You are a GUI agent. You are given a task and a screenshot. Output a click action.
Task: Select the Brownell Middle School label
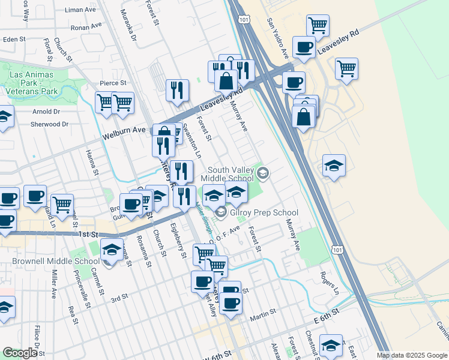click(55, 262)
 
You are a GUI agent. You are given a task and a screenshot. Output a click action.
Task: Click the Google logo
click(20, 353)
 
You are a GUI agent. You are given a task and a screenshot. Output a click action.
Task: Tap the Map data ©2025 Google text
click(411, 355)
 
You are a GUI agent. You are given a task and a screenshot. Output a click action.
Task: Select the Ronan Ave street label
click(83, 28)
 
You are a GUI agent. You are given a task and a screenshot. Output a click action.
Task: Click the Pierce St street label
click(113, 83)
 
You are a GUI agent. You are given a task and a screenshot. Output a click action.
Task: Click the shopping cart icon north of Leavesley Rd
click(318, 25)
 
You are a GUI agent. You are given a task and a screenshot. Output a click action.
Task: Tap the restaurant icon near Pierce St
click(178, 89)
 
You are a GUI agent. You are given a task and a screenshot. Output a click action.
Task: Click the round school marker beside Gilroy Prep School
click(221, 212)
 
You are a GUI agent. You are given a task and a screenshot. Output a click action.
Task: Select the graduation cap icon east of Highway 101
click(334, 165)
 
